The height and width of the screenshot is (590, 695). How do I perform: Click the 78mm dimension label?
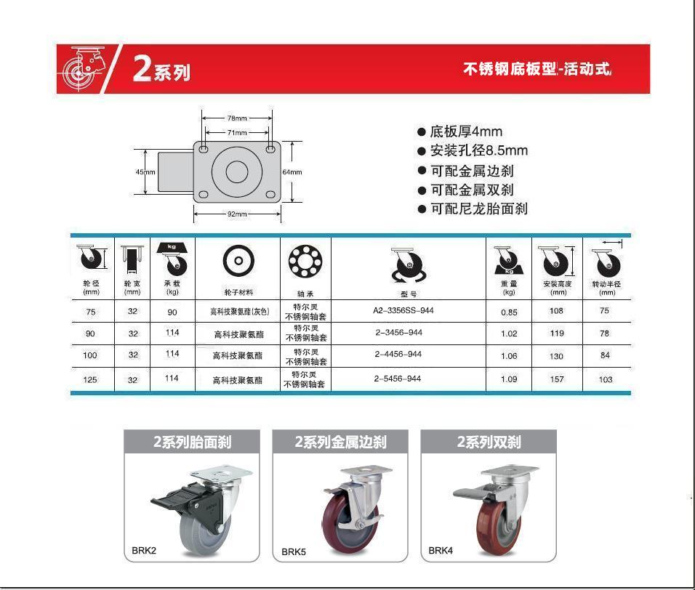click(237, 118)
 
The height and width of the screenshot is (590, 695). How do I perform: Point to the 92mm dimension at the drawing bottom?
click(237, 214)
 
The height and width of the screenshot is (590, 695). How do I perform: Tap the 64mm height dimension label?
click(292, 172)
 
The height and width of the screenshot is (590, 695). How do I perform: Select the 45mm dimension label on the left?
click(145, 172)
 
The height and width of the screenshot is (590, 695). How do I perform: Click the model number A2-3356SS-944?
click(403, 310)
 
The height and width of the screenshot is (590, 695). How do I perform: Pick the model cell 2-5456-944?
click(398, 379)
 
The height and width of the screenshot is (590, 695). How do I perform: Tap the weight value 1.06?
click(510, 356)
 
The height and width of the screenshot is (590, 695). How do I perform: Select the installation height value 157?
click(557, 379)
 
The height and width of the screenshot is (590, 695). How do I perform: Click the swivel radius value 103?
click(606, 379)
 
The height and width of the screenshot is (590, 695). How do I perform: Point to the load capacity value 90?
click(172, 312)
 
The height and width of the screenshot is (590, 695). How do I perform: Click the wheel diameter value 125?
click(90, 379)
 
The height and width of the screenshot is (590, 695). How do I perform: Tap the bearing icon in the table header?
click(305, 261)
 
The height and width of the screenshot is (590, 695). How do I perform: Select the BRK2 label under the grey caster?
click(144, 551)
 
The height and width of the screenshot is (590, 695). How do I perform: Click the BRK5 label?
click(294, 552)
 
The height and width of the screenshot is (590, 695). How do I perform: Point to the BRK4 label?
click(441, 551)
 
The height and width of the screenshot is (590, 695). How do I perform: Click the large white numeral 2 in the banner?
click(142, 68)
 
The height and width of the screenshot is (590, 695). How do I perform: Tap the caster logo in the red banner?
click(83, 68)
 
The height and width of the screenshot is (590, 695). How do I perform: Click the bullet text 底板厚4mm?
click(466, 132)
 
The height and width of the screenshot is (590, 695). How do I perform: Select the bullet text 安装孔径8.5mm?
click(479, 150)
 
